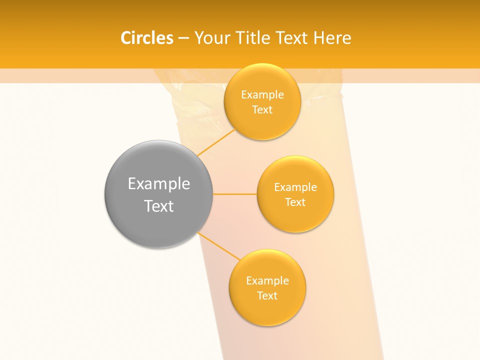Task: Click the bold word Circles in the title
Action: (x=146, y=38)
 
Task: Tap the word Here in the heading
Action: (x=332, y=38)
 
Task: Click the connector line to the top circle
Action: (x=216, y=142)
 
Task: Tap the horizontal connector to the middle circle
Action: (x=235, y=194)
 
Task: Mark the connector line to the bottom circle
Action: (x=219, y=246)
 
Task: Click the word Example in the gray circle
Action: (x=158, y=183)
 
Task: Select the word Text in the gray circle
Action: (x=158, y=206)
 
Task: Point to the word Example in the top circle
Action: (x=262, y=95)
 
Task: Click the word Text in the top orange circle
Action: (x=262, y=110)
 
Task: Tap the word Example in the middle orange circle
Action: (x=295, y=187)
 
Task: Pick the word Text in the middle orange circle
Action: (x=295, y=202)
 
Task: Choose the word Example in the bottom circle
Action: (x=267, y=281)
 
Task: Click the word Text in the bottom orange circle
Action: (x=267, y=296)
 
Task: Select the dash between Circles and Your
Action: (x=183, y=38)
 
